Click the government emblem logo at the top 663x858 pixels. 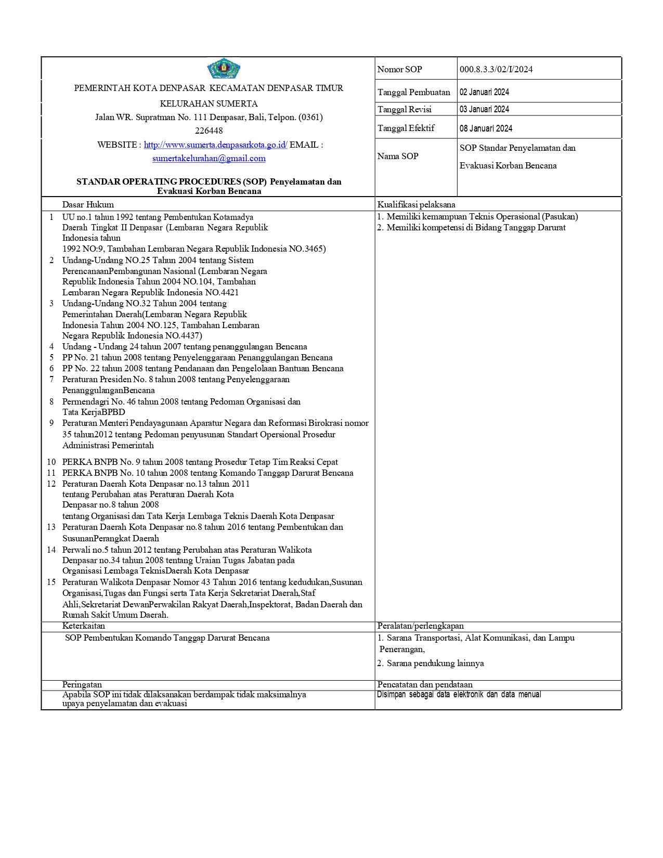(x=224, y=68)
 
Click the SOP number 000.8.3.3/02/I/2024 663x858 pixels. (x=496, y=69)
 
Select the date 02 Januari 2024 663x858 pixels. (x=484, y=92)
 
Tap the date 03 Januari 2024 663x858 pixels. (x=484, y=109)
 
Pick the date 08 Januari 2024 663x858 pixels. (x=486, y=128)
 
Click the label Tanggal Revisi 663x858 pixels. (x=404, y=109)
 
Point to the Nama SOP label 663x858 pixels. (x=398, y=156)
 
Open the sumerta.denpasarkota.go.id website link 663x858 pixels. (x=215, y=145)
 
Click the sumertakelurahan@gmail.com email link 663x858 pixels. (x=209, y=159)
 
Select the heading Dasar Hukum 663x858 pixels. (x=88, y=204)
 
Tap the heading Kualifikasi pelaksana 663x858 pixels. (x=416, y=204)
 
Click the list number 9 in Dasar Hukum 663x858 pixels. (x=51, y=423)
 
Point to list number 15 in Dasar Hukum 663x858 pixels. (x=51, y=582)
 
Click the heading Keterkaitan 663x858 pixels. (x=84, y=626)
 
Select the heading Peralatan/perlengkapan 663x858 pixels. (x=420, y=626)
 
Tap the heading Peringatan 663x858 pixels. (x=82, y=685)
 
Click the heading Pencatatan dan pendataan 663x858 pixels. (x=425, y=685)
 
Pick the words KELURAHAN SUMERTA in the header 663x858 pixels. (x=209, y=103)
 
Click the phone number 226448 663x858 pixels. (x=209, y=131)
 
